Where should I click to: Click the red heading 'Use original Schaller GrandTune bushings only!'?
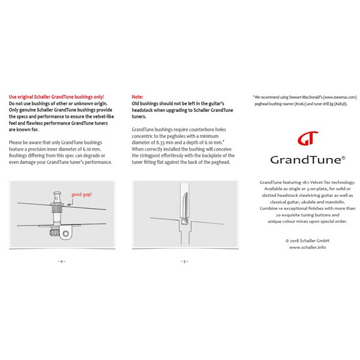pos(57,96)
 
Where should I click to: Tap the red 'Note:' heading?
pos(137,96)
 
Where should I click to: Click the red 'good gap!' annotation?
pos(82,195)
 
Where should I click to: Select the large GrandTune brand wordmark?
pos(307,159)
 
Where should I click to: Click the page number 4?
pos(61,261)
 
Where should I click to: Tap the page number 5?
pos(183,261)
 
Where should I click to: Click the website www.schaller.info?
pos(307,246)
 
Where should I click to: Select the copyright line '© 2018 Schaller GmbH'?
pos(307,240)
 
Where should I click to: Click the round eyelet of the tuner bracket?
pos(67,234)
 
